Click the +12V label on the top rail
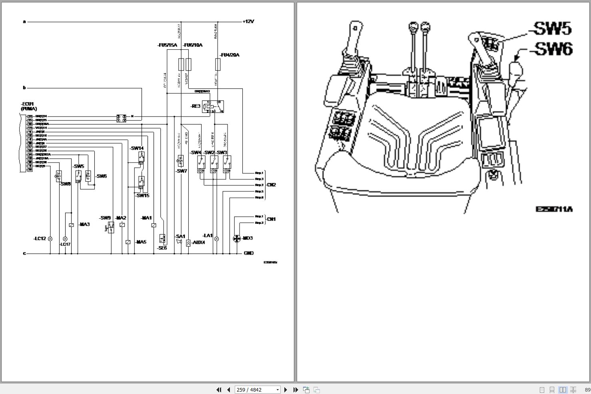pos(248,22)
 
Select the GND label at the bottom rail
pos(249,253)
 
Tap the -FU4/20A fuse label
pos(230,55)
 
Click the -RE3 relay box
pos(213,107)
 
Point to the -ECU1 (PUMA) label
pos(29,106)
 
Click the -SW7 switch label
pos(182,171)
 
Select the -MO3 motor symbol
pos(237,238)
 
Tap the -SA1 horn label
pos(180,236)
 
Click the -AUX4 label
pos(198,242)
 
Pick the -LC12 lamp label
pos(40,239)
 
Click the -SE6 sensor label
pos(162,248)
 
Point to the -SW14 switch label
pos(137,148)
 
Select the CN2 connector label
pos(271,185)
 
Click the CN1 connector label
pos(271,219)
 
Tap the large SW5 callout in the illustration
pos(550,29)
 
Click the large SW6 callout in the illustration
pos(552,49)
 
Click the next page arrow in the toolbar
pos(286,390)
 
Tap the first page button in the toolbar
pos(219,390)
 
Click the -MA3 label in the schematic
pos(84,224)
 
